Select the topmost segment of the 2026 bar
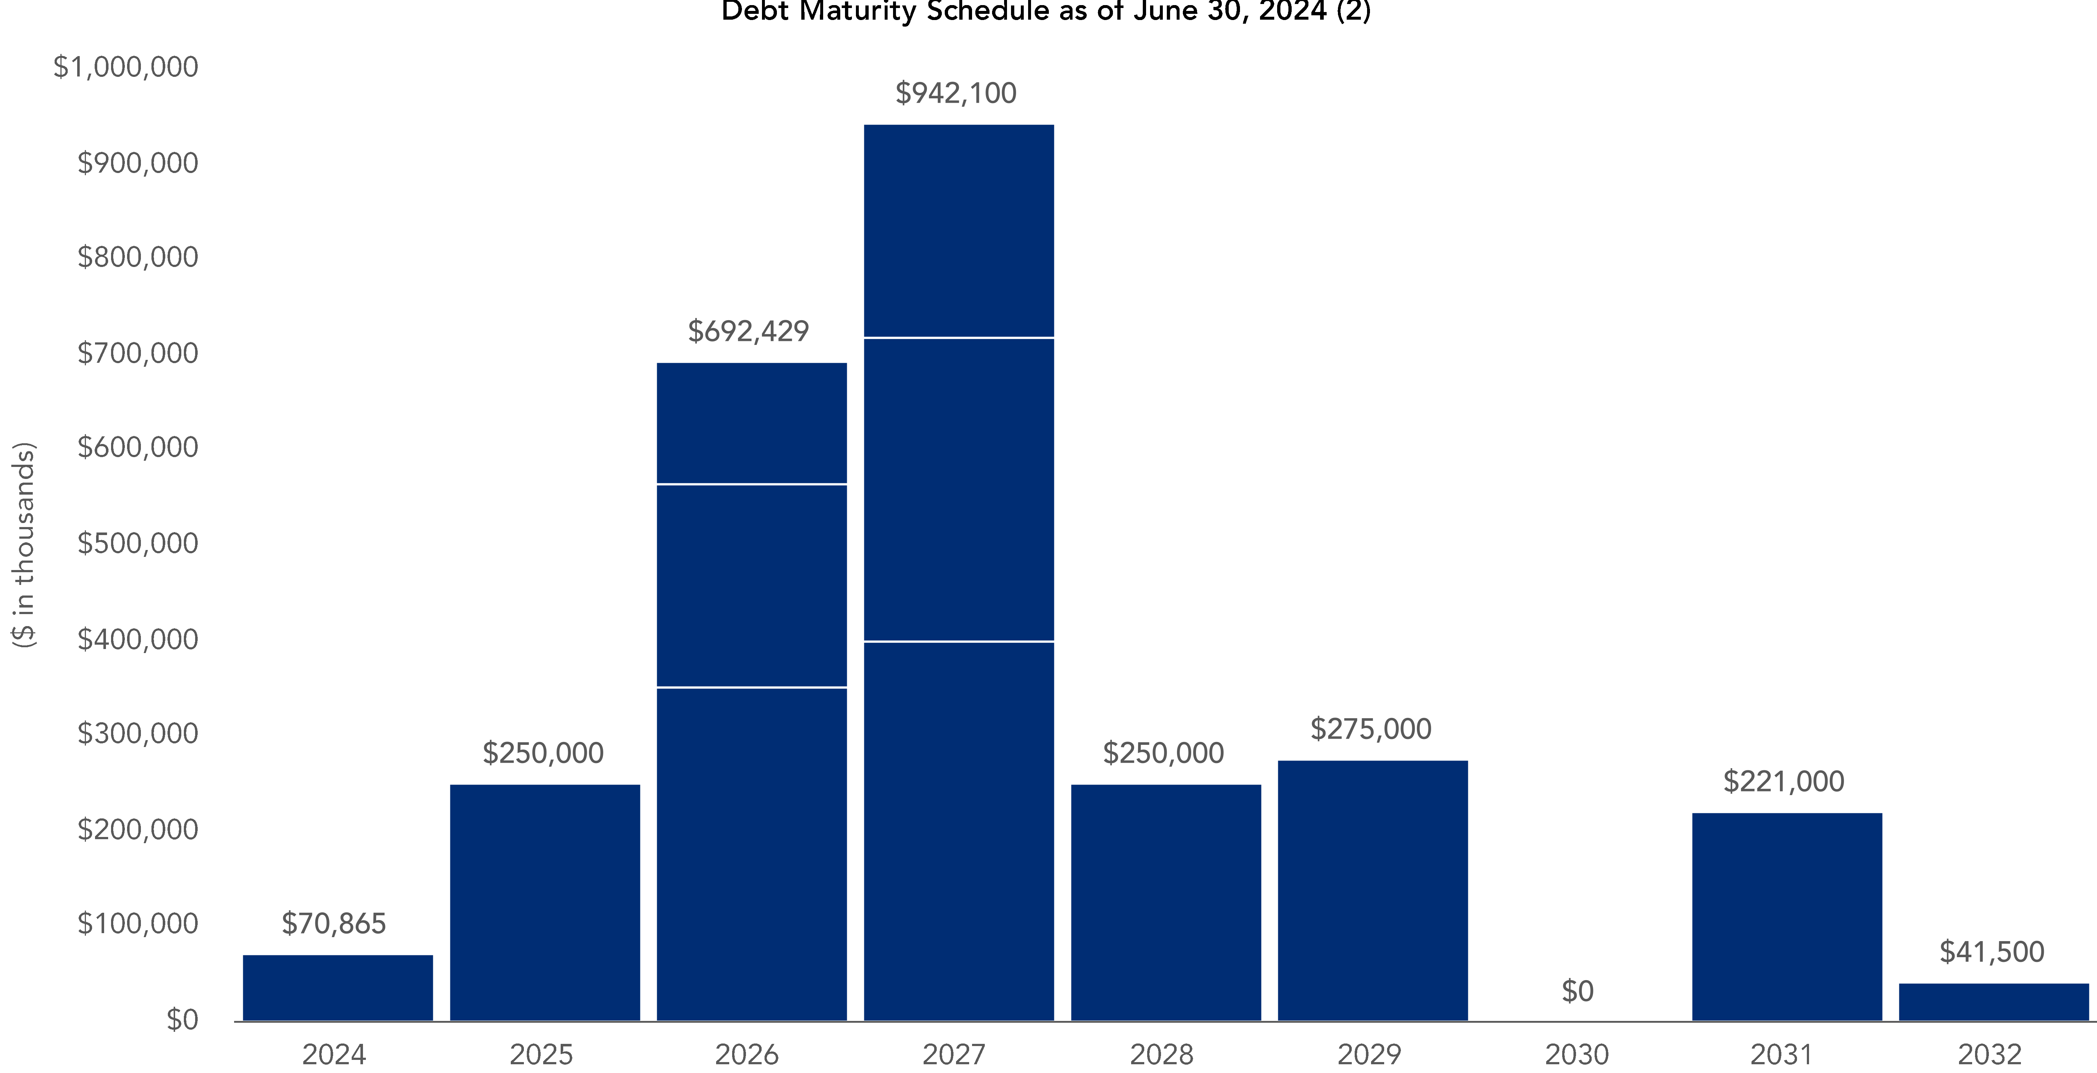751,422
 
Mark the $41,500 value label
1991,952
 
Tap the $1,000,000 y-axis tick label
125,67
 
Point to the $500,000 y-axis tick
138,543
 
